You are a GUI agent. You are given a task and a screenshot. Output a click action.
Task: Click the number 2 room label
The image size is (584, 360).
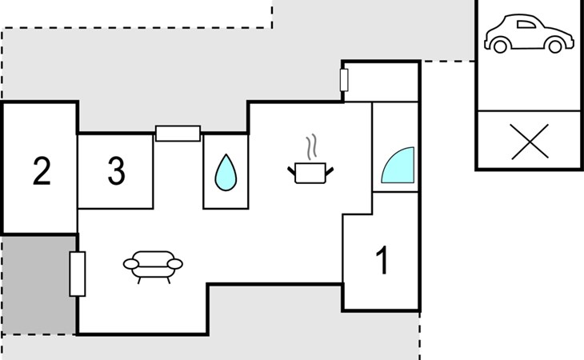pyautogui.click(x=42, y=171)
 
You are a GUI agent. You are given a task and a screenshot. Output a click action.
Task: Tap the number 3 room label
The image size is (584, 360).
pyautogui.click(x=116, y=171)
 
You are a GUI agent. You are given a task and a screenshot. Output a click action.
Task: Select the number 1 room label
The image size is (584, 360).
pyautogui.click(x=382, y=261)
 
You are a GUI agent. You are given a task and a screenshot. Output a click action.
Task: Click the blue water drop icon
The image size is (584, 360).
pyautogui.click(x=226, y=172)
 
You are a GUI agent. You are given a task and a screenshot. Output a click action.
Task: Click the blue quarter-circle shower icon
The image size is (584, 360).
pyautogui.click(x=398, y=165)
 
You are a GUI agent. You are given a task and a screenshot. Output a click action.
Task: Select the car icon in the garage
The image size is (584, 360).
pyautogui.click(x=529, y=34)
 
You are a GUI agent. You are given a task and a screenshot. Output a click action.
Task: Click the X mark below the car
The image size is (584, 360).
pyautogui.click(x=530, y=142)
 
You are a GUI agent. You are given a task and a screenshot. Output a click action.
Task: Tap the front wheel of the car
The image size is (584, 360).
pyautogui.click(x=555, y=46)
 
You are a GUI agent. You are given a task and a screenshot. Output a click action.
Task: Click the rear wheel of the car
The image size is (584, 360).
pyautogui.click(x=500, y=46)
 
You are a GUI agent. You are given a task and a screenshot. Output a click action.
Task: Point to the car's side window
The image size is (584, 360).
pyautogui.click(x=526, y=25)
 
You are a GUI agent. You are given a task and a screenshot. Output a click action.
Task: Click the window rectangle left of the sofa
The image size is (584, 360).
pyautogui.click(x=78, y=274)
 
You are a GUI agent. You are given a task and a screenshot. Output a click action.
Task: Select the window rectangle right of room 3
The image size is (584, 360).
pyautogui.click(x=178, y=134)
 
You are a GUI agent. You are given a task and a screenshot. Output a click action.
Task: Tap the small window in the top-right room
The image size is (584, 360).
pyautogui.click(x=344, y=80)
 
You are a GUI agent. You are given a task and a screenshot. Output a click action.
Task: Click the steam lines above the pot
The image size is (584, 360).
pyautogui.click(x=312, y=147)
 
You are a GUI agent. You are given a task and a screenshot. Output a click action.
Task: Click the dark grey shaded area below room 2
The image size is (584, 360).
pyautogui.click(x=38, y=285)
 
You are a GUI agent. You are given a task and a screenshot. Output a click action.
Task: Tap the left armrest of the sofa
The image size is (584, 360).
pyautogui.click(x=131, y=264)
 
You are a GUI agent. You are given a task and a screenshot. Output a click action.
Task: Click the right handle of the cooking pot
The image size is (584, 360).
pyautogui.click(x=330, y=172)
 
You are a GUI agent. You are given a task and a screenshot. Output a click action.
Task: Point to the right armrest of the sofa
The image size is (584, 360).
pyautogui.click(x=175, y=264)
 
